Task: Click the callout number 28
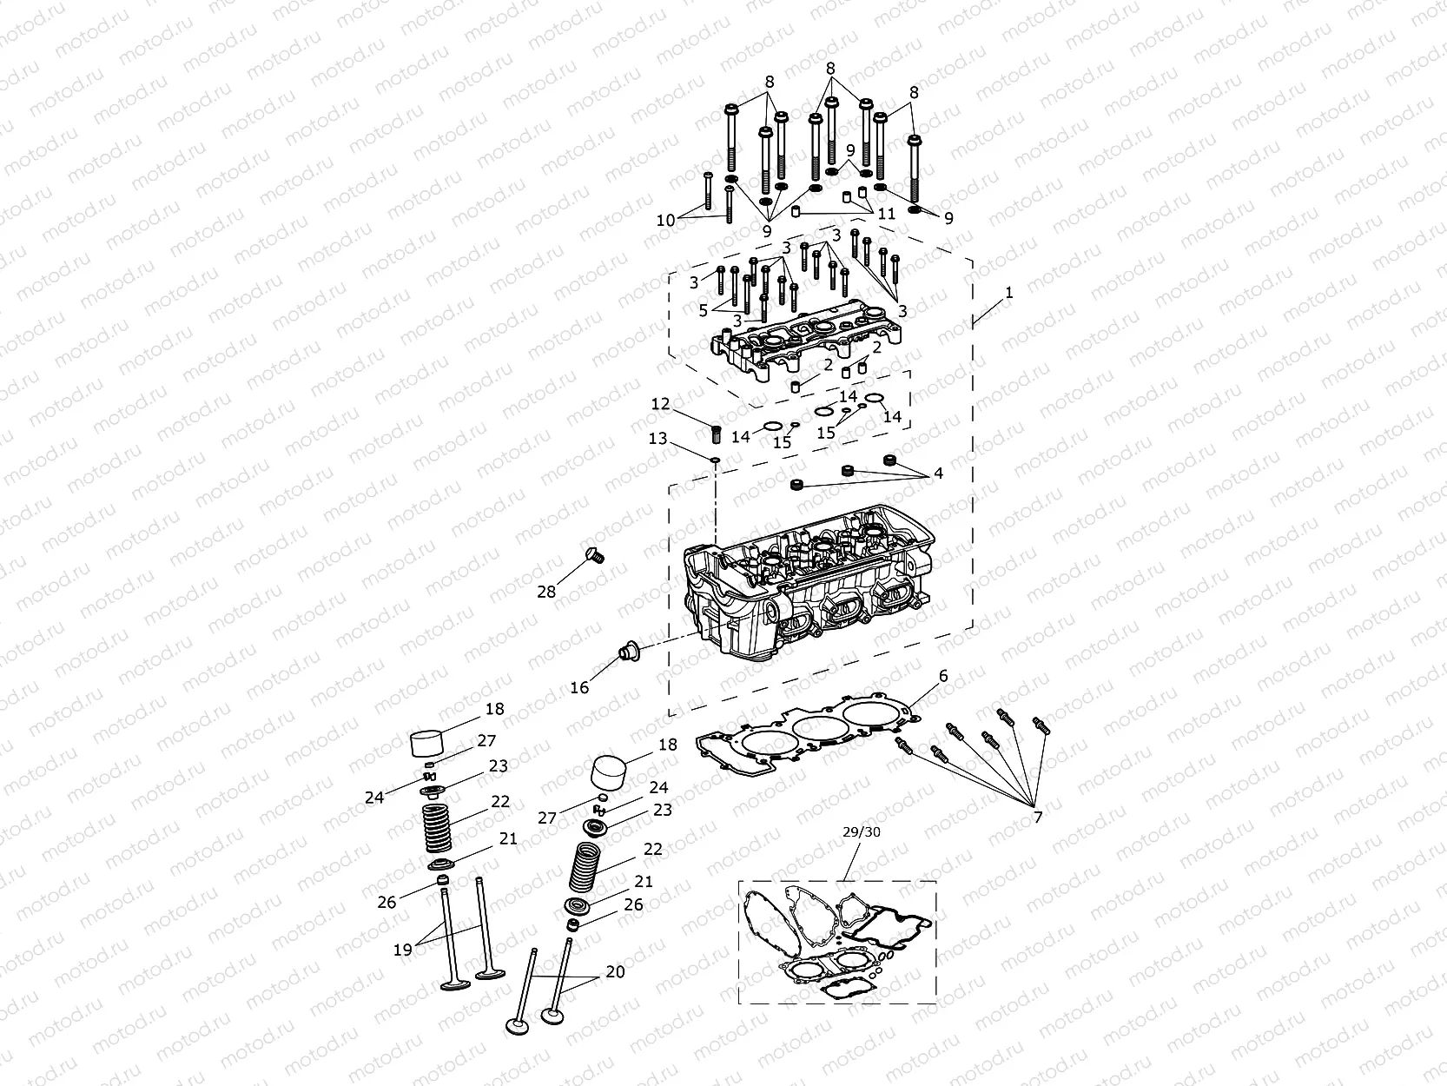point(545,592)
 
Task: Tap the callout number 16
point(579,687)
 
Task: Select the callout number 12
point(661,404)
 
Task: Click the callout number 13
point(657,438)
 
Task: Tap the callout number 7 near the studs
point(1037,817)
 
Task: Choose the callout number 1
point(1008,293)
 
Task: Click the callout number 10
point(665,221)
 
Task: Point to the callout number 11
point(886,213)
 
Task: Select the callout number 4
point(938,473)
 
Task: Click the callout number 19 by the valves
point(402,950)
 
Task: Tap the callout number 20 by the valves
point(615,972)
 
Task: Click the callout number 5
point(704,310)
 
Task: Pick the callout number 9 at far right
point(948,219)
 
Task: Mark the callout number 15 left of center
point(783,442)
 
